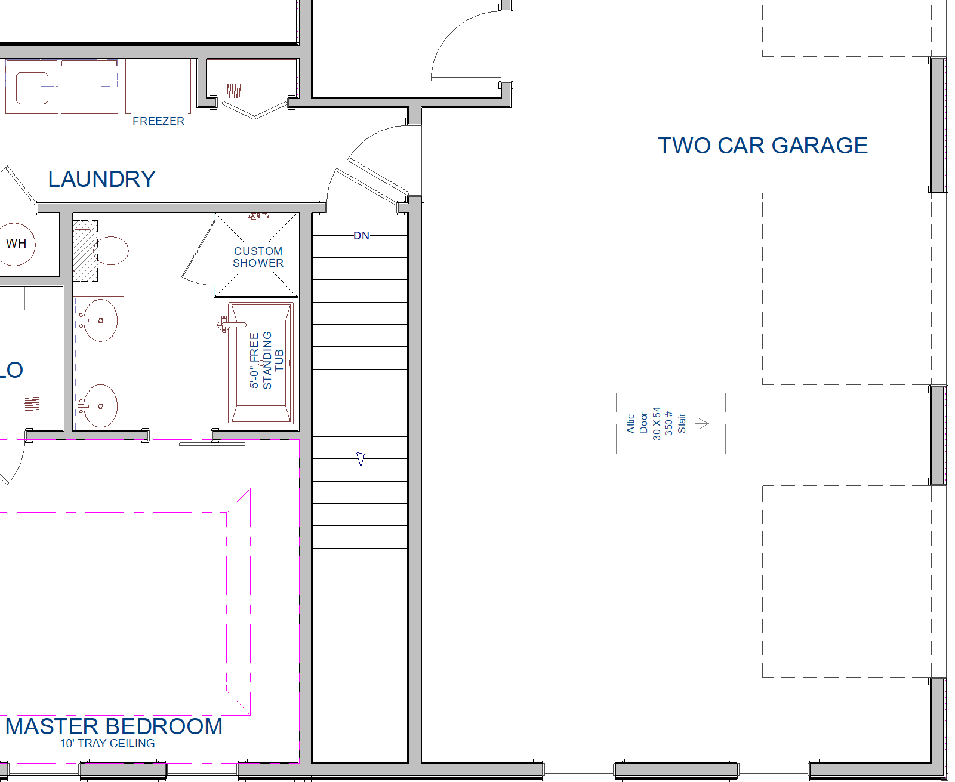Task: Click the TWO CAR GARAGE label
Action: pos(763,146)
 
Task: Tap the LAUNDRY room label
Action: pos(102,179)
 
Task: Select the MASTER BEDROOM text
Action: pos(113,726)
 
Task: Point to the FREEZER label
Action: pos(159,121)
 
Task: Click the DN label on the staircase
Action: pos(361,235)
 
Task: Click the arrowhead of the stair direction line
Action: pos(361,459)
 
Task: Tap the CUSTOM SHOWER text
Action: pos(258,257)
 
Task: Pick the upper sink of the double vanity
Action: pos(100,320)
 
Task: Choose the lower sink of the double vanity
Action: pos(100,406)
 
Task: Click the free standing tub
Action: pos(261,363)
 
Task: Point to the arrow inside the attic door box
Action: pos(702,424)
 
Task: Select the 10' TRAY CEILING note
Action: pos(107,744)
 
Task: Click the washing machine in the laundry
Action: pos(32,87)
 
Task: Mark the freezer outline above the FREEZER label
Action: pos(158,85)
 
